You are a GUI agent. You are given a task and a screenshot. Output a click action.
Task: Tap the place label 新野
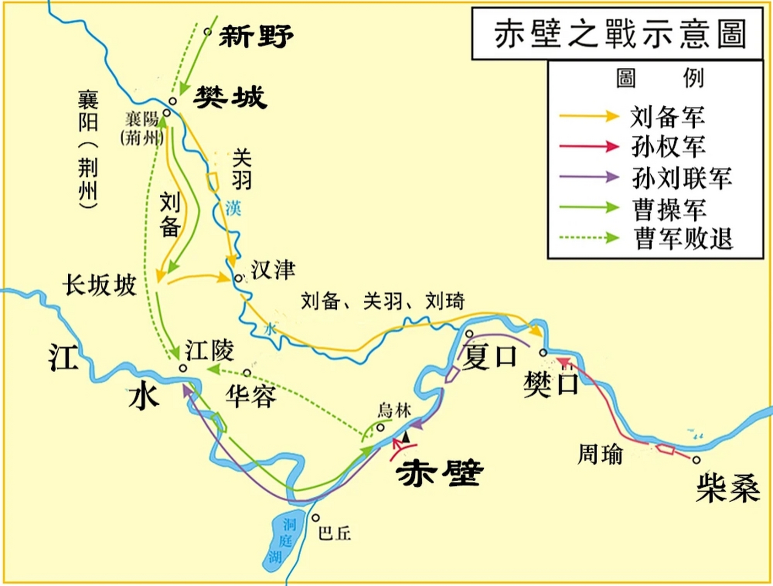pyautogui.click(x=256, y=36)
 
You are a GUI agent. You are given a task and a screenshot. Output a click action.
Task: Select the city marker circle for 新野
pyautogui.click(x=208, y=32)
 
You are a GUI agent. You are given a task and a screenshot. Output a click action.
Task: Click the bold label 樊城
pyautogui.click(x=230, y=97)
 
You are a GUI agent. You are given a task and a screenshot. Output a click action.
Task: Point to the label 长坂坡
pyautogui.click(x=100, y=285)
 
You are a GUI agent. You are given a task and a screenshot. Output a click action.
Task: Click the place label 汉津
pyautogui.click(x=273, y=270)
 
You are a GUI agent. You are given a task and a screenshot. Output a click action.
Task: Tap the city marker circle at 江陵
pyautogui.click(x=183, y=368)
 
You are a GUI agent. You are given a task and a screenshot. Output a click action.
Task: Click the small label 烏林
pyautogui.click(x=394, y=411)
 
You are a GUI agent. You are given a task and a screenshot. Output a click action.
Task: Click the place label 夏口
pyautogui.click(x=489, y=357)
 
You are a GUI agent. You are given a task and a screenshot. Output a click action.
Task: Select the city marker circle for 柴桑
pyautogui.click(x=696, y=460)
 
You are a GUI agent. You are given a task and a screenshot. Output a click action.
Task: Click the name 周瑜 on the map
pyautogui.click(x=600, y=454)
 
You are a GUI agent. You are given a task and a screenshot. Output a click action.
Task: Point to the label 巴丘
pyautogui.click(x=335, y=533)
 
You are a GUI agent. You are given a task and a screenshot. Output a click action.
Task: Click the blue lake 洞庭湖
pyautogui.click(x=284, y=540)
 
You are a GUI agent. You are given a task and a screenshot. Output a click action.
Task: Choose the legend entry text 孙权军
pyautogui.click(x=668, y=147)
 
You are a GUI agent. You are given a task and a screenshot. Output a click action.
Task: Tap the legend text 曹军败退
pyautogui.click(x=683, y=239)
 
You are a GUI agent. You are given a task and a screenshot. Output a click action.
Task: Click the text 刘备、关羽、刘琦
pyautogui.click(x=383, y=301)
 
